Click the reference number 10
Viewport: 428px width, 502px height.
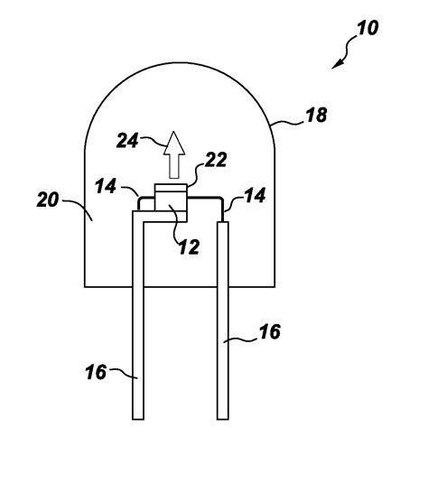tap(368, 27)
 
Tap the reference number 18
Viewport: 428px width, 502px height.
tap(316, 115)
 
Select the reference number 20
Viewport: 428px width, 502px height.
tap(48, 200)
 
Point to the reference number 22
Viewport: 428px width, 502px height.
tap(216, 160)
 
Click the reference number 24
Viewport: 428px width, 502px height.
tap(127, 141)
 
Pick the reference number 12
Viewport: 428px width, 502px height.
tap(190, 246)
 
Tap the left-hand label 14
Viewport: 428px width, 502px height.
tap(106, 186)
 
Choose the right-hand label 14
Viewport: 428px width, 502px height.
tap(255, 195)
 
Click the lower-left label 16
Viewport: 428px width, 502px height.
tap(96, 372)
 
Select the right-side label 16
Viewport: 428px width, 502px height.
tap(270, 331)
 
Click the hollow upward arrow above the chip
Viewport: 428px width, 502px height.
tap(174, 155)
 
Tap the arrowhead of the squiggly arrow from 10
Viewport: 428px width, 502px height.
tap(336, 64)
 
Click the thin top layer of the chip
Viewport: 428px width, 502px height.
tap(171, 188)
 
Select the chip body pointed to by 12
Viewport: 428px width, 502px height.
tap(171, 201)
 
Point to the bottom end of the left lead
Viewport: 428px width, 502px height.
tap(138, 419)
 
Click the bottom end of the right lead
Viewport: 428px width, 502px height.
tap(223, 419)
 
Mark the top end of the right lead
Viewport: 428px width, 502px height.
tap(223, 222)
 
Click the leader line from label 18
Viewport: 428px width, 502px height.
tap(287, 123)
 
